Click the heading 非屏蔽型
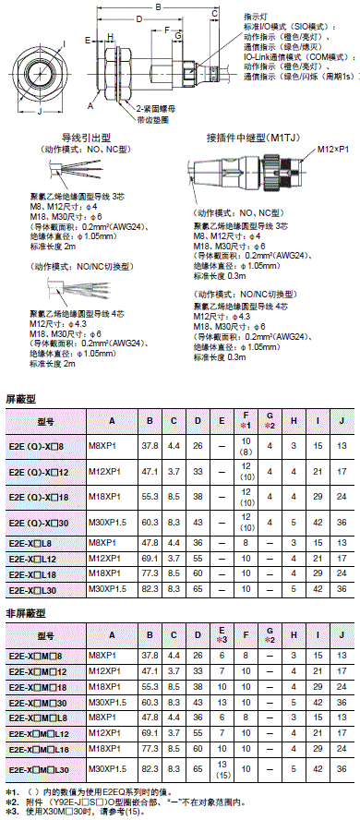[x=25, y=612]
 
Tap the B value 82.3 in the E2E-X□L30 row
[x=150, y=588]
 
